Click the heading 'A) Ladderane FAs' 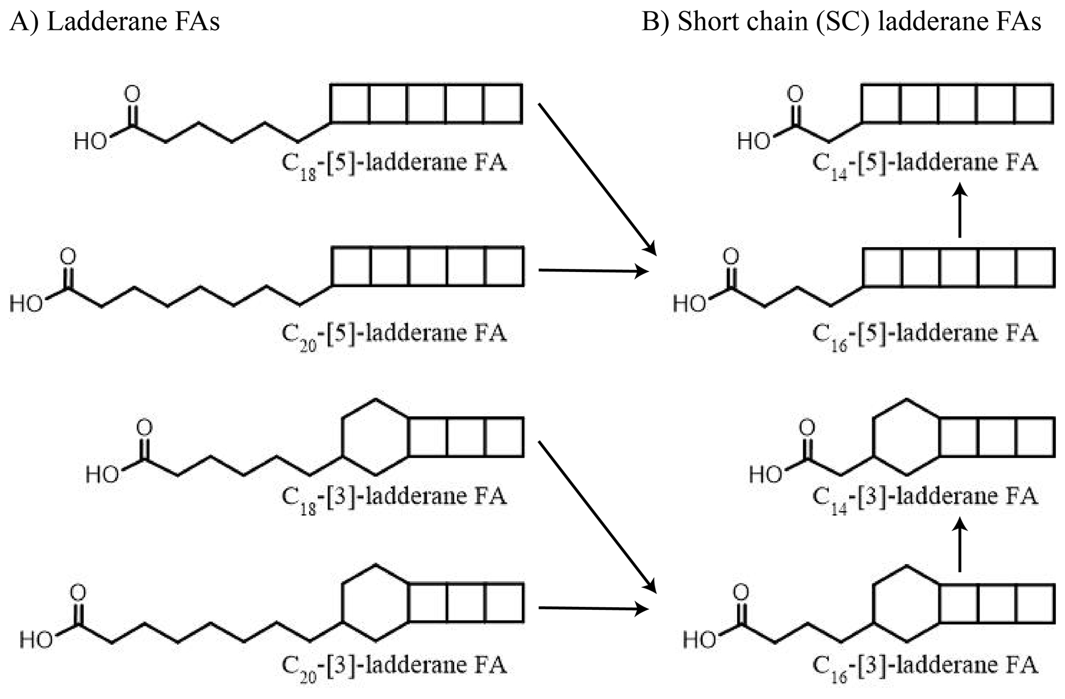(x=114, y=22)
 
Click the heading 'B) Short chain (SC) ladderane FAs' (x=841, y=22)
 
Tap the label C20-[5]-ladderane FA (x=394, y=334)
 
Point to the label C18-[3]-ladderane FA (x=394, y=497)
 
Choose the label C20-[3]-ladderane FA (x=394, y=666)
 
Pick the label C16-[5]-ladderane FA (x=924, y=334)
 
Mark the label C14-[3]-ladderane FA (x=924, y=497)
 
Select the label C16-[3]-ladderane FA (x=924, y=666)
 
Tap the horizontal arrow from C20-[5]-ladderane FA (x=593, y=270)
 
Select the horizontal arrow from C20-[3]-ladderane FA (x=593, y=608)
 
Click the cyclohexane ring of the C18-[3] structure (x=375, y=437)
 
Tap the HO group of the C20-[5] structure (x=26, y=304)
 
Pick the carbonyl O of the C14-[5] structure (x=796, y=94)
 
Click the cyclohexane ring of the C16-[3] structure (x=905, y=604)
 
